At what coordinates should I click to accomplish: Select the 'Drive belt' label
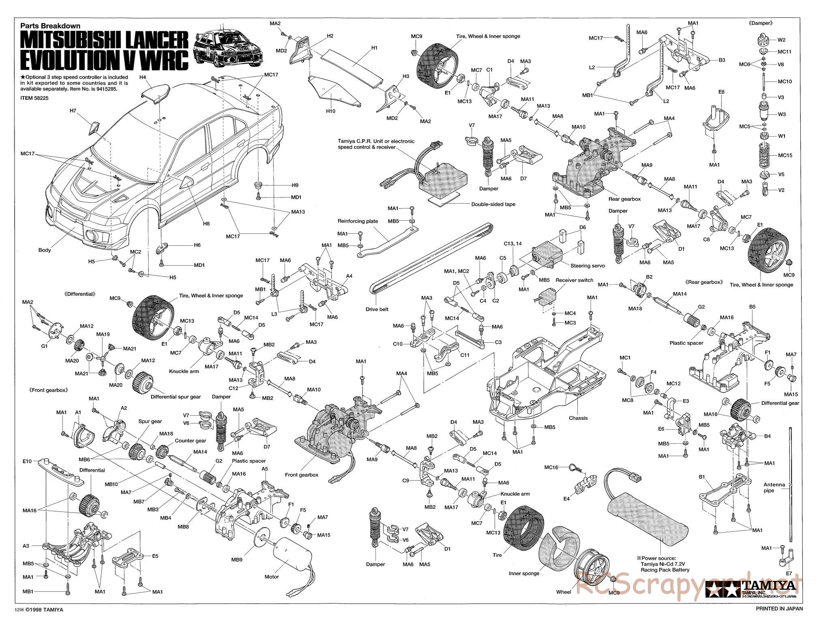pyautogui.click(x=377, y=309)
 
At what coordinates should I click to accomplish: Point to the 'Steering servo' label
pyautogui.click(x=587, y=266)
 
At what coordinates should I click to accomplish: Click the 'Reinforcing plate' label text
pyautogui.click(x=358, y=221)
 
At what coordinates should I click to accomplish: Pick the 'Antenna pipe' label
pyautogui.click(x=774, y=488)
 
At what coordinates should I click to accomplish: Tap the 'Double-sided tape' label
pyautogui.click(x=493, y=204)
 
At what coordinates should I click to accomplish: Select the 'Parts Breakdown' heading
pyautogui.click(x=50, y=26)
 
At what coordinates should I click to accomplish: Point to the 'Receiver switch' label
pyautogui.click(x=574, y=280)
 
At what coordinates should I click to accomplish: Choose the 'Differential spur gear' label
pyautogui.click(x=176, y=397)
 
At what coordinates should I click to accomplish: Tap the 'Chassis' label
pyautogui.click(x=578, y=418)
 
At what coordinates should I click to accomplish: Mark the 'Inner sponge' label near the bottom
pyautogui.click(x=524, y=573)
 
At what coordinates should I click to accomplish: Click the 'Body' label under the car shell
pyautogui.click(x=45, y=250)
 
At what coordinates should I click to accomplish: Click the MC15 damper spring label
pyautogui.click(x=785, y=155)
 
